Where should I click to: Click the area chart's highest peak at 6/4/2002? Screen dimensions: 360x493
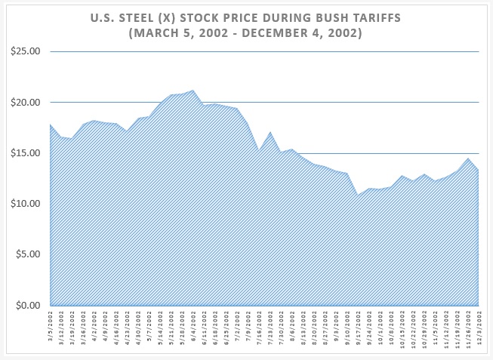pos(193,91)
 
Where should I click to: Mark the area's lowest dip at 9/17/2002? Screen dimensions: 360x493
pos(357,195)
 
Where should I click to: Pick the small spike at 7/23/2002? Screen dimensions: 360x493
pos(270,132)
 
